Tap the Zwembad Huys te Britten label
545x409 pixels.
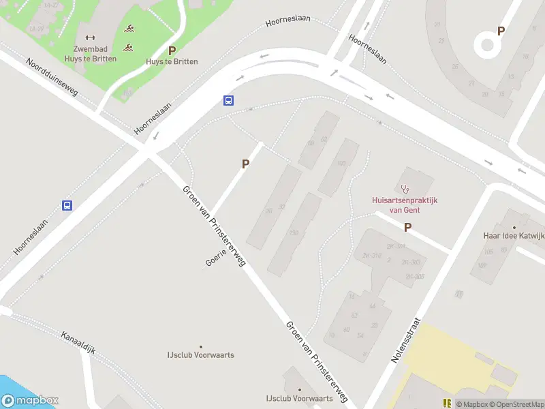(95, 53)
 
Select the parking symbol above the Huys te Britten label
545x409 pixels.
(172, 50)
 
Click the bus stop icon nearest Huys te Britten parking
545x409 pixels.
(229, 100)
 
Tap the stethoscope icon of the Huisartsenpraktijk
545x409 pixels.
(405, 187)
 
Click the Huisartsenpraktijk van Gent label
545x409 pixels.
(405, 204)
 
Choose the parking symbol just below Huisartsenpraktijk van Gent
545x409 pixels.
(408, 228)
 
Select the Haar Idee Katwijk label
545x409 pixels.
(514, 236)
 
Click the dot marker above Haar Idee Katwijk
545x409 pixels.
(514, 226)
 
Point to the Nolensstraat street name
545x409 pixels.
(407, 340)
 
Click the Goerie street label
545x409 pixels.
(215, 258)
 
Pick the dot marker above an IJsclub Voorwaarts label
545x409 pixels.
(200, 346)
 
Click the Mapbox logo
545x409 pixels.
(30, 401)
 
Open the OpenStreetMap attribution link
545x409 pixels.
(516, 404)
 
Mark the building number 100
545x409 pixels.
(341, 163)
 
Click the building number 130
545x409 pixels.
(294, 233)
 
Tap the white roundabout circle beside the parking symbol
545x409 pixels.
(487, 45)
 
